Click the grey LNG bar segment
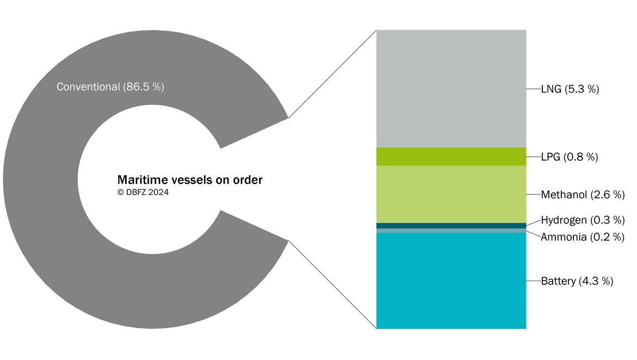[451, 89]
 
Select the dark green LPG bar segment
[451, 156]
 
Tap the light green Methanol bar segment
[451, 194]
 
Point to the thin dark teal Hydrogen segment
[451, 225]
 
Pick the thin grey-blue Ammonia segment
[451, 231]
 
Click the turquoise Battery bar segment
[451, 281]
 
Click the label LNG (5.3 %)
[570, 89]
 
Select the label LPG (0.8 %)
[569, 157]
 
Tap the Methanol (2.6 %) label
[583, 194]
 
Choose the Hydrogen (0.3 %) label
[583, 220]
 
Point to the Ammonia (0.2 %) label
[583, 237]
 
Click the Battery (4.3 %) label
[577, 281]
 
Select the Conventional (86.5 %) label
[110, 87]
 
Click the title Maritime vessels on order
[189, 180]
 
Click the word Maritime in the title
[142, 180]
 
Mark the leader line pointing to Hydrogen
[534, 223]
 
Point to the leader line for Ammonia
[534, 234]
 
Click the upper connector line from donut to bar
[332, 74]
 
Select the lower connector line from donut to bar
[332, 285]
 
